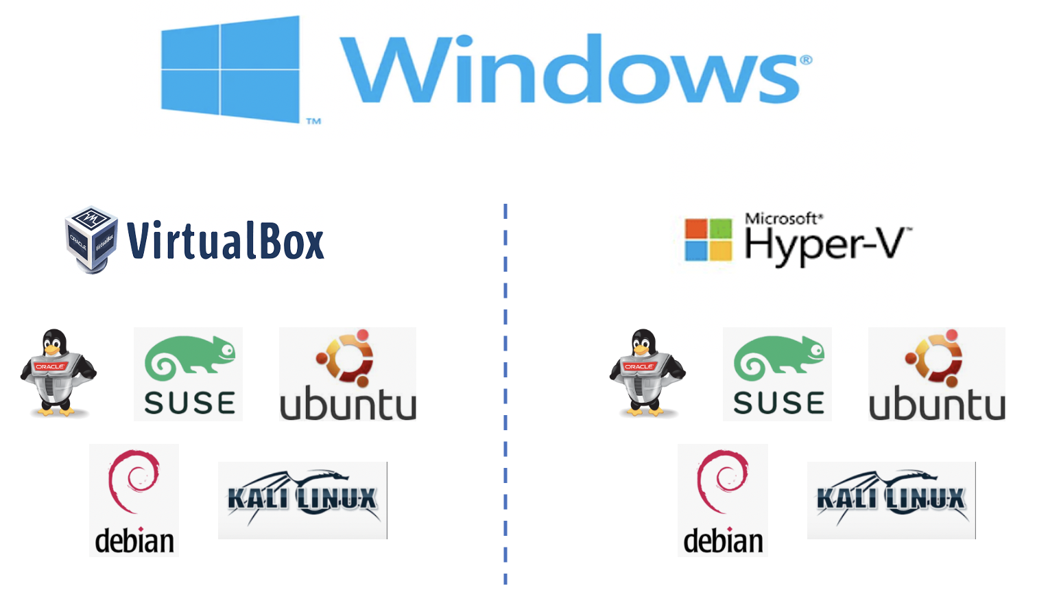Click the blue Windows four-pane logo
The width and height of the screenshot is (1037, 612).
230,69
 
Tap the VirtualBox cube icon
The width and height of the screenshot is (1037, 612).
91,239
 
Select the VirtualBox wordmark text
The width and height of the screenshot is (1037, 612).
226,242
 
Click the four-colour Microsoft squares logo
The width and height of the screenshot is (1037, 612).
708,240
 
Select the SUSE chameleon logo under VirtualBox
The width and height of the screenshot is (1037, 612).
189,375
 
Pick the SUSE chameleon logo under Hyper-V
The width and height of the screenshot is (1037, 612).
778,375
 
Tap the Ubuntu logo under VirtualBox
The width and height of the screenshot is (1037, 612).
348,375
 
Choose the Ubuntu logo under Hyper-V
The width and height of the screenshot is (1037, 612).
937,375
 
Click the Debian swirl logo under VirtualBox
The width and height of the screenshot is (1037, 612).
134,500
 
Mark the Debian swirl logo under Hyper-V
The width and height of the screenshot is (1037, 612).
723,500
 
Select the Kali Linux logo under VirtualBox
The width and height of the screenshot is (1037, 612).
302,500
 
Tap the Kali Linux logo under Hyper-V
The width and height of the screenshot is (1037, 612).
891,500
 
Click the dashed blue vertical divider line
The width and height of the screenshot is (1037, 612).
505,395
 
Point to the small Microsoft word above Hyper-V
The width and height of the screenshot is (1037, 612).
782,219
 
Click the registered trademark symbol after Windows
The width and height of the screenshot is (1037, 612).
806,60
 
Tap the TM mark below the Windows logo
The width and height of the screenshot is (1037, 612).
313,121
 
